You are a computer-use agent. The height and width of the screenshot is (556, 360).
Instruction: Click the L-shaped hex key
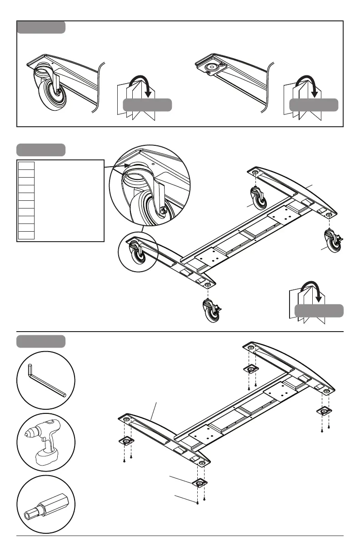[45, 380]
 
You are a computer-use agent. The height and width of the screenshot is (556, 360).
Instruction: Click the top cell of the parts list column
[26, 164]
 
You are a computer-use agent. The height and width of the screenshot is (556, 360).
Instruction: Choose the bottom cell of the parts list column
[26, 235]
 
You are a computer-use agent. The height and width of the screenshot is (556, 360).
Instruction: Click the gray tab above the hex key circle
[41, 341]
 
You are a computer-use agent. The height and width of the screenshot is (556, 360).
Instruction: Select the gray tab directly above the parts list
[41, 149]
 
